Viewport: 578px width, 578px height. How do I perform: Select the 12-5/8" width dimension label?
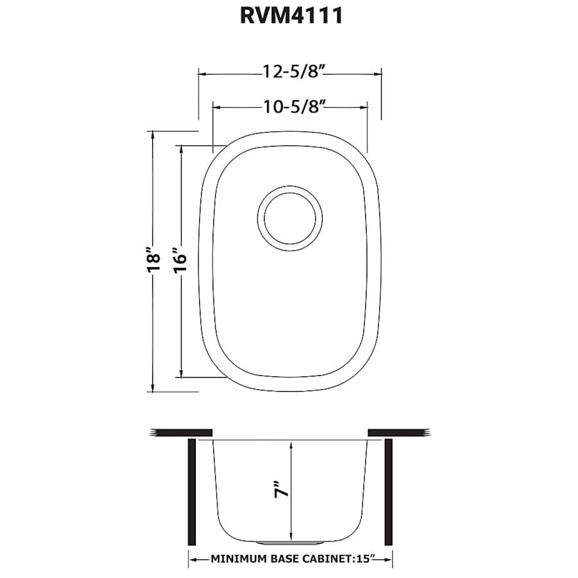290,72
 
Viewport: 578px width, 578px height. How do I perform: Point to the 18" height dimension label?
152,261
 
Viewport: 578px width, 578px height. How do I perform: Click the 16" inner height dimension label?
180,261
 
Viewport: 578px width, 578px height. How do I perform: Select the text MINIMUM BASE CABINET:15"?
290,559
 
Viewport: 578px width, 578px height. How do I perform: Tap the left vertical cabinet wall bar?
191,492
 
